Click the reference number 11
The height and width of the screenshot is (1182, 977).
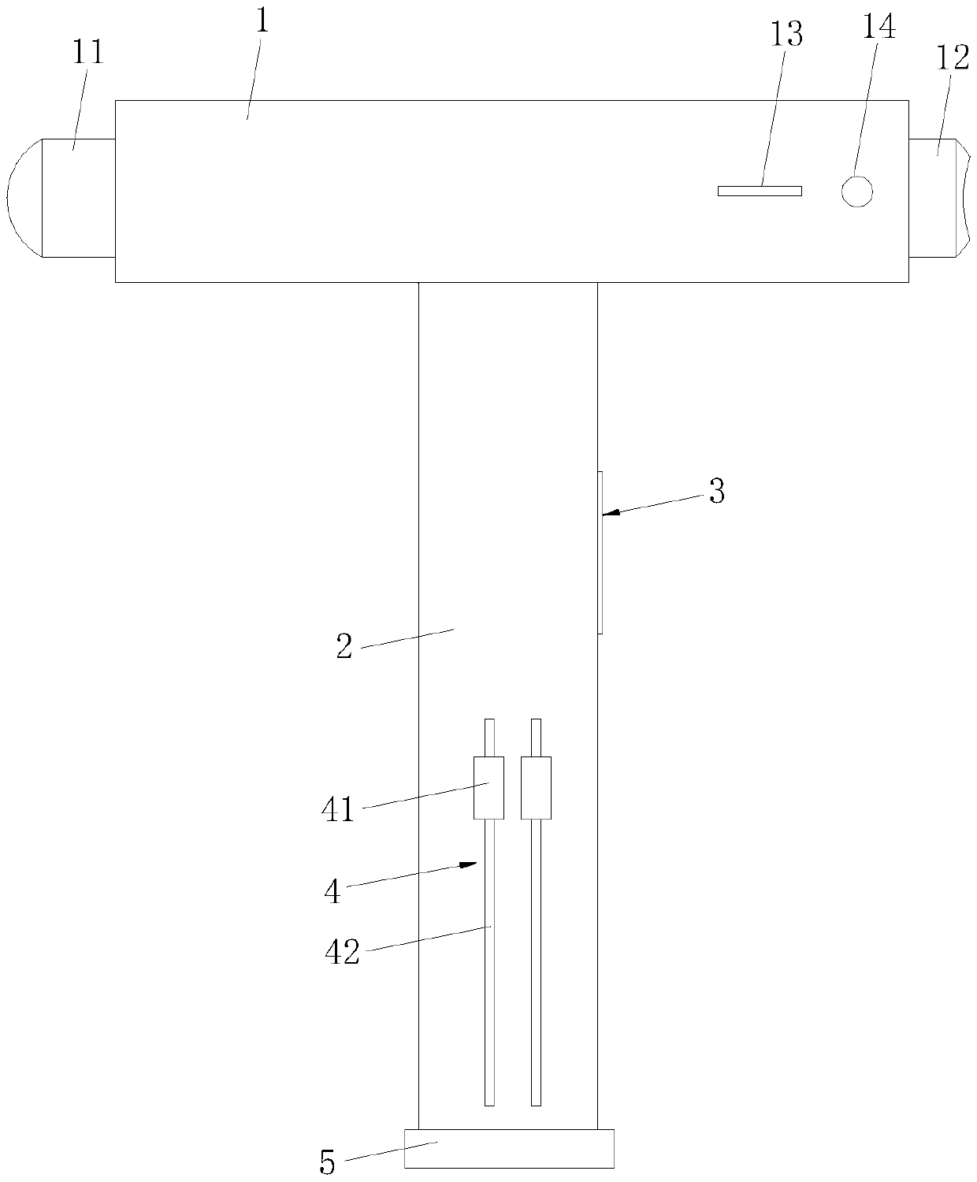tap(87, 52)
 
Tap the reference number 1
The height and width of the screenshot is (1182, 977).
tap(262, 21)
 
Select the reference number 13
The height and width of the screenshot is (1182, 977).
tap(786, 35)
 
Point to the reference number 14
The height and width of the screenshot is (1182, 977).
tap(879, 27)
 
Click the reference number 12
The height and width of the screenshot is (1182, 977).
tap(953, 58)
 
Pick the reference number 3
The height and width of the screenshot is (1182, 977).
tap(717, 491)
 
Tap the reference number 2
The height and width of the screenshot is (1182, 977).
tap(344, 646)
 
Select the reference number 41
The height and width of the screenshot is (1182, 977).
tap(338, 809)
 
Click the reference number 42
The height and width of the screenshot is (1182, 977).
tap(343, 952)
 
